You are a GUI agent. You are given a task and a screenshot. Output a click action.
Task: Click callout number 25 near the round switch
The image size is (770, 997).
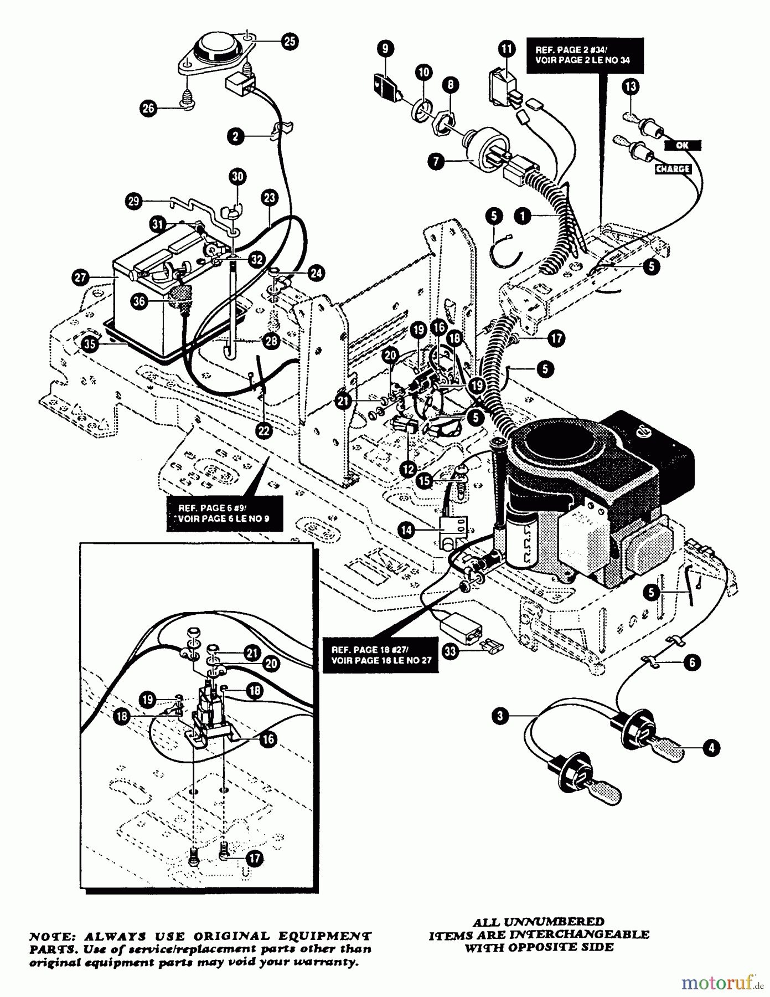point(290,41)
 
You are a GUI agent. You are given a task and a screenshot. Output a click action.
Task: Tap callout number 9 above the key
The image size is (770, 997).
point(385,49)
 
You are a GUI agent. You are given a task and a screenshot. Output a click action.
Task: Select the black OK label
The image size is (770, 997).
point(682,146)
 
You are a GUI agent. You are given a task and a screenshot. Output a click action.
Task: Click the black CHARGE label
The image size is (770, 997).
point(673,168)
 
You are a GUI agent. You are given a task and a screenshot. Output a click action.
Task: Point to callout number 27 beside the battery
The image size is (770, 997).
point(81,277)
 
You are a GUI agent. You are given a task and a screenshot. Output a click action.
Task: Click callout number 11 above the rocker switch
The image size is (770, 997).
point(506,49)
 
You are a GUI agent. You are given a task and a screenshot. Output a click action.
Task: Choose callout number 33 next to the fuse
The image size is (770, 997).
point(451,651)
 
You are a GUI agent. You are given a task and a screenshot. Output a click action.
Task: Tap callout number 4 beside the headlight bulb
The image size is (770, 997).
point(711,748)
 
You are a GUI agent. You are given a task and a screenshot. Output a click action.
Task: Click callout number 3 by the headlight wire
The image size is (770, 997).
point(500,716)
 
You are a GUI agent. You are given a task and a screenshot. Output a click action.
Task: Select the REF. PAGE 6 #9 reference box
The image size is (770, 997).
point(225,514)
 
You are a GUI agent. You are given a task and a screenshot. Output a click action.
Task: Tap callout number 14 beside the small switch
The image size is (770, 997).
point(407,530)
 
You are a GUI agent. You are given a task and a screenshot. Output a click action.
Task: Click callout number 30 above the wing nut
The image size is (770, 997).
point(237,177)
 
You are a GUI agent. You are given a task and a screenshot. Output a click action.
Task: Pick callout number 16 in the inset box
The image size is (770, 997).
point(268,739)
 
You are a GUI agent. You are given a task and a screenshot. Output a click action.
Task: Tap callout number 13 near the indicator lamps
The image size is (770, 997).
point(630,86)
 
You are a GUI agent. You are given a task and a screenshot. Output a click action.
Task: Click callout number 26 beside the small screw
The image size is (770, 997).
point(148,109)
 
